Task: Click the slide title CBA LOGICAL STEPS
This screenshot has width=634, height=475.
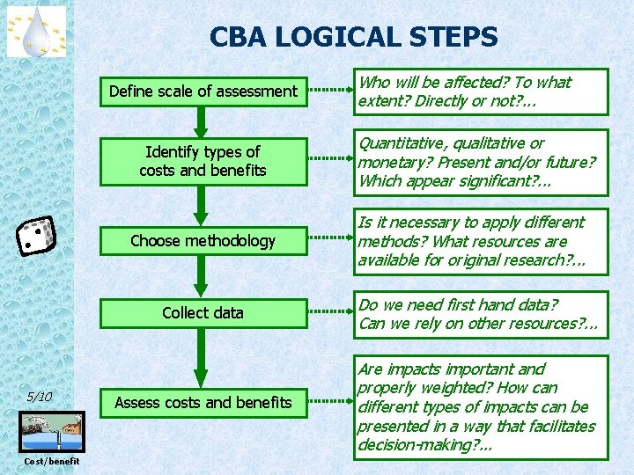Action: click(x=353, y=37)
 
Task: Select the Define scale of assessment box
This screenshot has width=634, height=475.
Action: click(x=203, y=91)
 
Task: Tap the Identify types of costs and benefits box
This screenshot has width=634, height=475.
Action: click(x=203, y=162)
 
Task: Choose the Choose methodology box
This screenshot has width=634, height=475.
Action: click(x=203, y=241)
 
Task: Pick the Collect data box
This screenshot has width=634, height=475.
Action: click(x=203, y=313)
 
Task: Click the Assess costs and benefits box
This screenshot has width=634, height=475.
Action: click(x=203, y=403)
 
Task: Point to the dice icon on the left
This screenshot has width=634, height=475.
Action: click(x=37, y=236)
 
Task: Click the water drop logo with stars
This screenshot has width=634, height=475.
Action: click(x=37, y=31)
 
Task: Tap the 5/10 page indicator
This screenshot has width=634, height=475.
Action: click(x=40, y=397)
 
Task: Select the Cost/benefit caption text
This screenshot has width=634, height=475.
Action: click(x=51, y=462)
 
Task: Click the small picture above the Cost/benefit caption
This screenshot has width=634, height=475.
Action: click(x=51, y=432)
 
